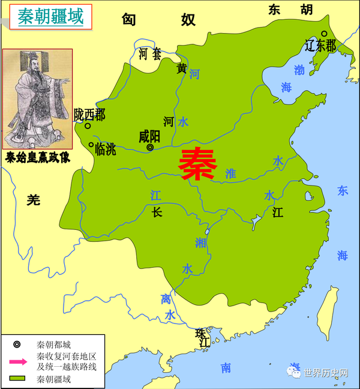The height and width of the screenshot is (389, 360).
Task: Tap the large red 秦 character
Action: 197,164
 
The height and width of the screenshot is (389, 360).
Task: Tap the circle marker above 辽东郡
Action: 324,34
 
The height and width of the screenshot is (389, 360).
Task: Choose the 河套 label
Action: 150,54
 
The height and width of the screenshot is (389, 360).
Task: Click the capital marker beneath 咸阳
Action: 150,147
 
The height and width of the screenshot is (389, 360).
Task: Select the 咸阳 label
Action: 149,136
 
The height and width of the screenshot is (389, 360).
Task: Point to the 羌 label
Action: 34,201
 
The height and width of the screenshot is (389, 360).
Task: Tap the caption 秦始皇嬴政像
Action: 37,158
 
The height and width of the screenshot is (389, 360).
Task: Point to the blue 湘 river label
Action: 200,242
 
